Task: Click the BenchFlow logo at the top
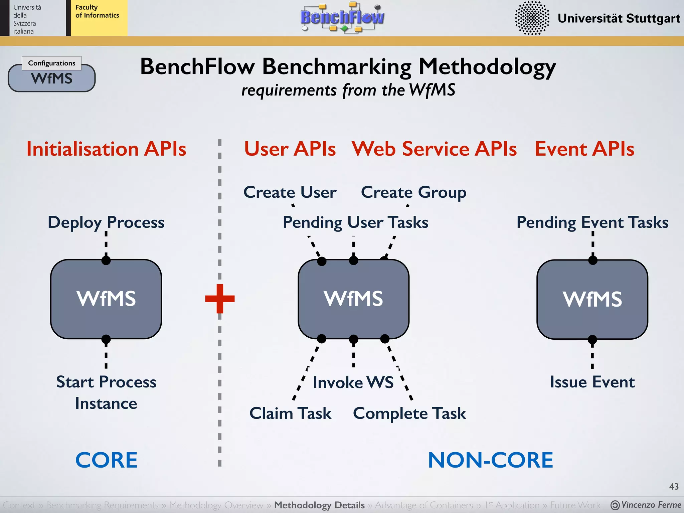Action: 342,17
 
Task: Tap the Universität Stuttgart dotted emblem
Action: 532,18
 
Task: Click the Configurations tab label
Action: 52,63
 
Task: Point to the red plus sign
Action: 220,298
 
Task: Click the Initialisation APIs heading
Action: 106,149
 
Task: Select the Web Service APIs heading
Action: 434,149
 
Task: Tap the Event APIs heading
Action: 584,149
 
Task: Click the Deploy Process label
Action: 106,222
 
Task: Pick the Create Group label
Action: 413,193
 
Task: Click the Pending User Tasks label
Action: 355,222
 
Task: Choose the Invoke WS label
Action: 353,382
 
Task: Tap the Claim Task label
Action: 290,413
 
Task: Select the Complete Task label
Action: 409,413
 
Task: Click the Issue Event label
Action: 592,382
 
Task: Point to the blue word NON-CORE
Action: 490,460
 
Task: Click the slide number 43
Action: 674,487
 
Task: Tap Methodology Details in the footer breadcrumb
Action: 319,505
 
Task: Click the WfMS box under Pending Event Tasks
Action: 592,299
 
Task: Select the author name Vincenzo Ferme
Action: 651,505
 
